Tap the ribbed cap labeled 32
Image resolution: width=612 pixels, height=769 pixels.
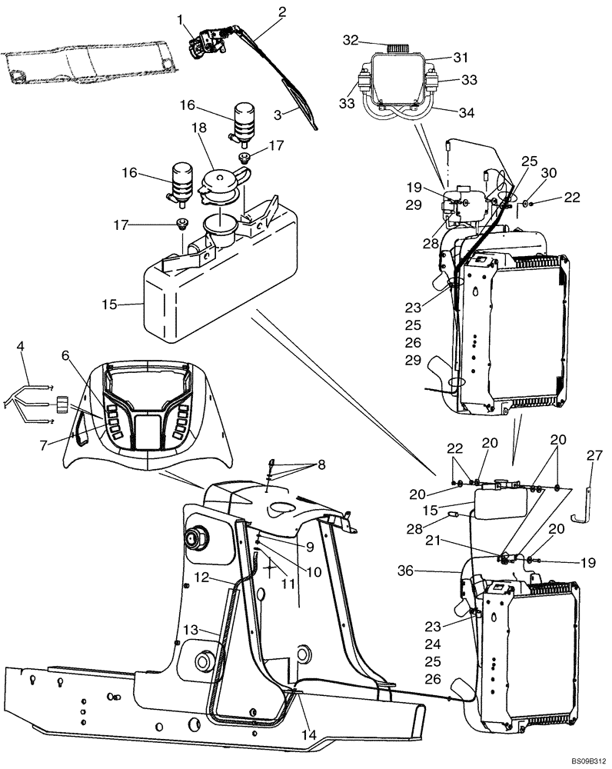click(397, 47)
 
